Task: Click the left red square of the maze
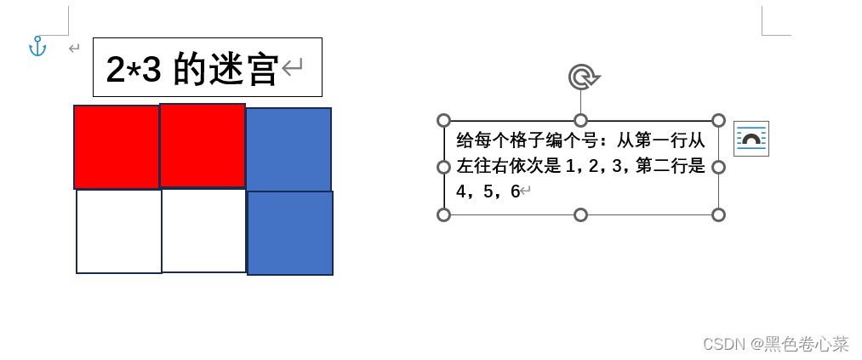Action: pos(116,146)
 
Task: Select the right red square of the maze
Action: pos(203,146)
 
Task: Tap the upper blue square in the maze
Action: pos(288,149)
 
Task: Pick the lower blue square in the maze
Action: pos(290,233)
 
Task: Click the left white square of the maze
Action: pos(119,231)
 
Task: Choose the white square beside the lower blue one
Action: pos(204,231)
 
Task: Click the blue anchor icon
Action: pos(37,47)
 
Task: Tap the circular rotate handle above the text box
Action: pos(581,77)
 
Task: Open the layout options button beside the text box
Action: pos(751,139)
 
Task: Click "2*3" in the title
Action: pos(134,69)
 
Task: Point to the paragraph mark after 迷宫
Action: pos(292,67)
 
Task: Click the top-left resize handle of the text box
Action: pos(443,121)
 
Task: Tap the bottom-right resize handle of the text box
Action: pos(718,214)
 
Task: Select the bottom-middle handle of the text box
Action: pos(580,214)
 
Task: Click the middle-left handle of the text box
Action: pos(443,167)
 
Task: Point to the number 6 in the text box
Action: pos(515,191)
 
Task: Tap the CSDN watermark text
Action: pos(724,344)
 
